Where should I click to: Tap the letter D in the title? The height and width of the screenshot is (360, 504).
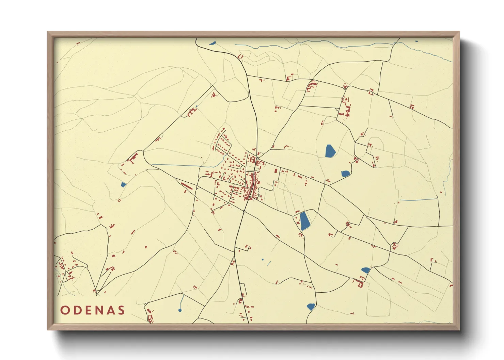tap(77, 310)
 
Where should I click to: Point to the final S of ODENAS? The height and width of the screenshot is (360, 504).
tap(121, 310)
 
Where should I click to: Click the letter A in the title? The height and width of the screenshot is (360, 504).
tap(110, 310)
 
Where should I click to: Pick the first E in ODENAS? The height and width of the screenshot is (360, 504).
tap(88, 310)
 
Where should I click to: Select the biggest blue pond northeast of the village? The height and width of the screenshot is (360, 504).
tap(330, 151)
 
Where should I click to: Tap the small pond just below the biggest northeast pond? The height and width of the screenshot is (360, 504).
tap(346, 174)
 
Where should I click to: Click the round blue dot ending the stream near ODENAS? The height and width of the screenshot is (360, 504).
tap(180, 310)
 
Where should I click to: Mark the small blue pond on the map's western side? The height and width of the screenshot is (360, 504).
tap(124, 185)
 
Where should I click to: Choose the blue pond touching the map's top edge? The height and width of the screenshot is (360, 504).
tap(212, 43)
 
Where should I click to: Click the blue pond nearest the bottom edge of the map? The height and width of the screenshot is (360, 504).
tap(311, 307)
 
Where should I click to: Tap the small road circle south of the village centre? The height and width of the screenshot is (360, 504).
tap(244, 211)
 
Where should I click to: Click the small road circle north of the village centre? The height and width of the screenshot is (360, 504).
tap(257, 158)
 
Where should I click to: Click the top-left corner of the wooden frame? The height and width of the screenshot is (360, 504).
tap(48, 32)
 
